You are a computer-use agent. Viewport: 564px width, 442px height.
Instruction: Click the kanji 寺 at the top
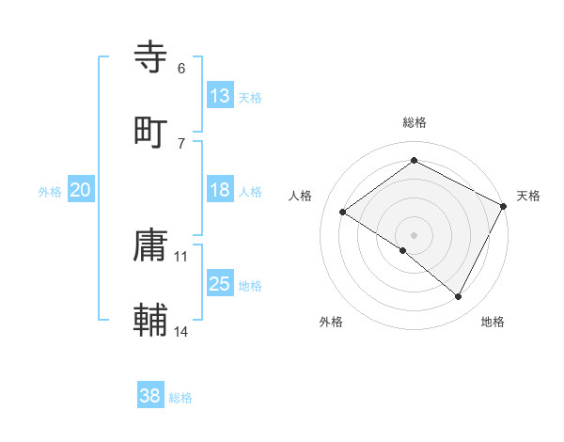[151, 58]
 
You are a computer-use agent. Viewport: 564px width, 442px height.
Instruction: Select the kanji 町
[151, 131]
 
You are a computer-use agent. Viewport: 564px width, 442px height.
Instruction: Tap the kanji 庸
[151, 246]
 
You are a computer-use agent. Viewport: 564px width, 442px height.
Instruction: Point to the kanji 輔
[151, 319]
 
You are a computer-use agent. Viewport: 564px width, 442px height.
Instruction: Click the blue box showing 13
[220, 96]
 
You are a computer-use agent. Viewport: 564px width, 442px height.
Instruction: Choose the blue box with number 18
[220, 190]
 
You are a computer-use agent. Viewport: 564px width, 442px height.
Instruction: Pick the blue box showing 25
[220, 284]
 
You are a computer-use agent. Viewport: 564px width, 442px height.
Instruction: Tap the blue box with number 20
[81, 190]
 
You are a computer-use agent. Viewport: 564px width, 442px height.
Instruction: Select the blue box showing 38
[150, 396]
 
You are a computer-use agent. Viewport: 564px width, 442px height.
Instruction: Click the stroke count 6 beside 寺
[181, 69]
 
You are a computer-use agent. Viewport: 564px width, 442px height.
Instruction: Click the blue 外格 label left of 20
[50, 192]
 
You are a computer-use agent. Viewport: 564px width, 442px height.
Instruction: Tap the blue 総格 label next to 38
[180, 398]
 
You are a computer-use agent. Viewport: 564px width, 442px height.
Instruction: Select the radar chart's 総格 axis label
[415, 122]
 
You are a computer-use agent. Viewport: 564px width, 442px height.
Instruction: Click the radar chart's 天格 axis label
[529, 196]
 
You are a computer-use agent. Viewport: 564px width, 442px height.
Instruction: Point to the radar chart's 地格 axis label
[493, 322]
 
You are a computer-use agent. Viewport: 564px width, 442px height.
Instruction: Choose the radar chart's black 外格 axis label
[331, 322]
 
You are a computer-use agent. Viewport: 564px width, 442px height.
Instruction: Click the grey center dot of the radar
[415, 234]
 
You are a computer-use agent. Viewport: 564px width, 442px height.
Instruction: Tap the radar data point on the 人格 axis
[343, 213]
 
